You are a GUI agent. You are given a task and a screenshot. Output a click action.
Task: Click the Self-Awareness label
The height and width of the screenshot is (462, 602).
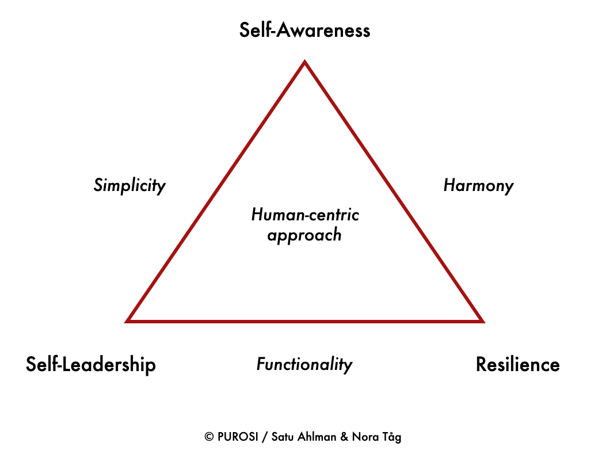click(x=304, y=30)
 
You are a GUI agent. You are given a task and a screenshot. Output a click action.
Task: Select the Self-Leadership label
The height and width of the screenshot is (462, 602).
click(x=91, y=364)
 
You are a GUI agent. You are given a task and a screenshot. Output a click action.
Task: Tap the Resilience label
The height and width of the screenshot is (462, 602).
click(x=517, y=364)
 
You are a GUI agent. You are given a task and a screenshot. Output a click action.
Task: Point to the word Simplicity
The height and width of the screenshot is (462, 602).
click(x=129, y=185)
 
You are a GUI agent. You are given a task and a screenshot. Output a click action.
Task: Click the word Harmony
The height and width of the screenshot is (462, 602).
click(x=478, y=185)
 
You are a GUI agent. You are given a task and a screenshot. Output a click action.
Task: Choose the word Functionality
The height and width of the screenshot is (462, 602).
click(x=304, y=364)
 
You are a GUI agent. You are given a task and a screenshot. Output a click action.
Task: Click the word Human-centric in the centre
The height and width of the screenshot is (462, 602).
click(x=305, y=215)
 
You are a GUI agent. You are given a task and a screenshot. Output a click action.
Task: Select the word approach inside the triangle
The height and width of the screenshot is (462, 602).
click(x=304, y=235)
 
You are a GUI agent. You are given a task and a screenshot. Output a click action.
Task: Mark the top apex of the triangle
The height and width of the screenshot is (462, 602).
click(x=304, y=62)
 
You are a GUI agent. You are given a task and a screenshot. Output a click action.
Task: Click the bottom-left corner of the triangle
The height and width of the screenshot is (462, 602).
click(x=128, y=320)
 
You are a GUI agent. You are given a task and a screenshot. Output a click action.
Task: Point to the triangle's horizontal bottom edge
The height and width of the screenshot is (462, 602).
click(x=304, y=320)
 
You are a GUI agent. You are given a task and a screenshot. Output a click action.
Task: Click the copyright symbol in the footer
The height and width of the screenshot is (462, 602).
click(x=209, y=437)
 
